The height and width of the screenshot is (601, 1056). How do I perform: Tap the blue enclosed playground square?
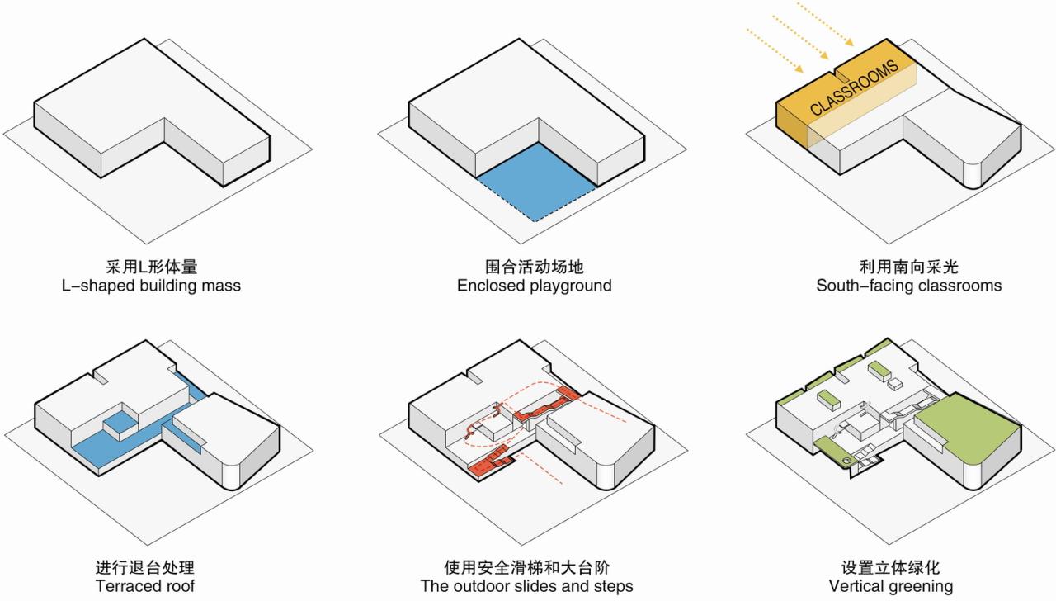point(536,182)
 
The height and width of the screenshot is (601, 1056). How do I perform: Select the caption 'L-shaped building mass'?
point(152,286)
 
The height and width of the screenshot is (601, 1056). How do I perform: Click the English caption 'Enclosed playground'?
point(535,286)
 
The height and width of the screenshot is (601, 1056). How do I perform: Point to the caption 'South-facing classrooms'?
point(908,286)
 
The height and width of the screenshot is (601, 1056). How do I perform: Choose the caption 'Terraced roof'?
point(145,586)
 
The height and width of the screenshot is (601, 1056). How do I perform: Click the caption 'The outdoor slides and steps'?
point(527,586)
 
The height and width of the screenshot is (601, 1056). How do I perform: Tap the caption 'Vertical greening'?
point(890,586)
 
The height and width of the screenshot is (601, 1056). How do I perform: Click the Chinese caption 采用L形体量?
point(152,267)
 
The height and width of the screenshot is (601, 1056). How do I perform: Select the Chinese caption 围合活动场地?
point(535,267)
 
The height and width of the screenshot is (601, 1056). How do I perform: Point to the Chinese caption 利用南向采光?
point(908,267)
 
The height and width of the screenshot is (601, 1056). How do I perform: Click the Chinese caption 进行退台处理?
point(145,567)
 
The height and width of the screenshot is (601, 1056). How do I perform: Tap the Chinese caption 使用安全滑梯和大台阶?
point(527,567)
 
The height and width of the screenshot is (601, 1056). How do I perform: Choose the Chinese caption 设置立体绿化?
point(890,567)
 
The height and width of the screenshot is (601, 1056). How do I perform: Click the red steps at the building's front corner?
point(488,465)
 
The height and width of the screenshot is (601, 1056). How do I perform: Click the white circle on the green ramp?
point(847,459)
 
